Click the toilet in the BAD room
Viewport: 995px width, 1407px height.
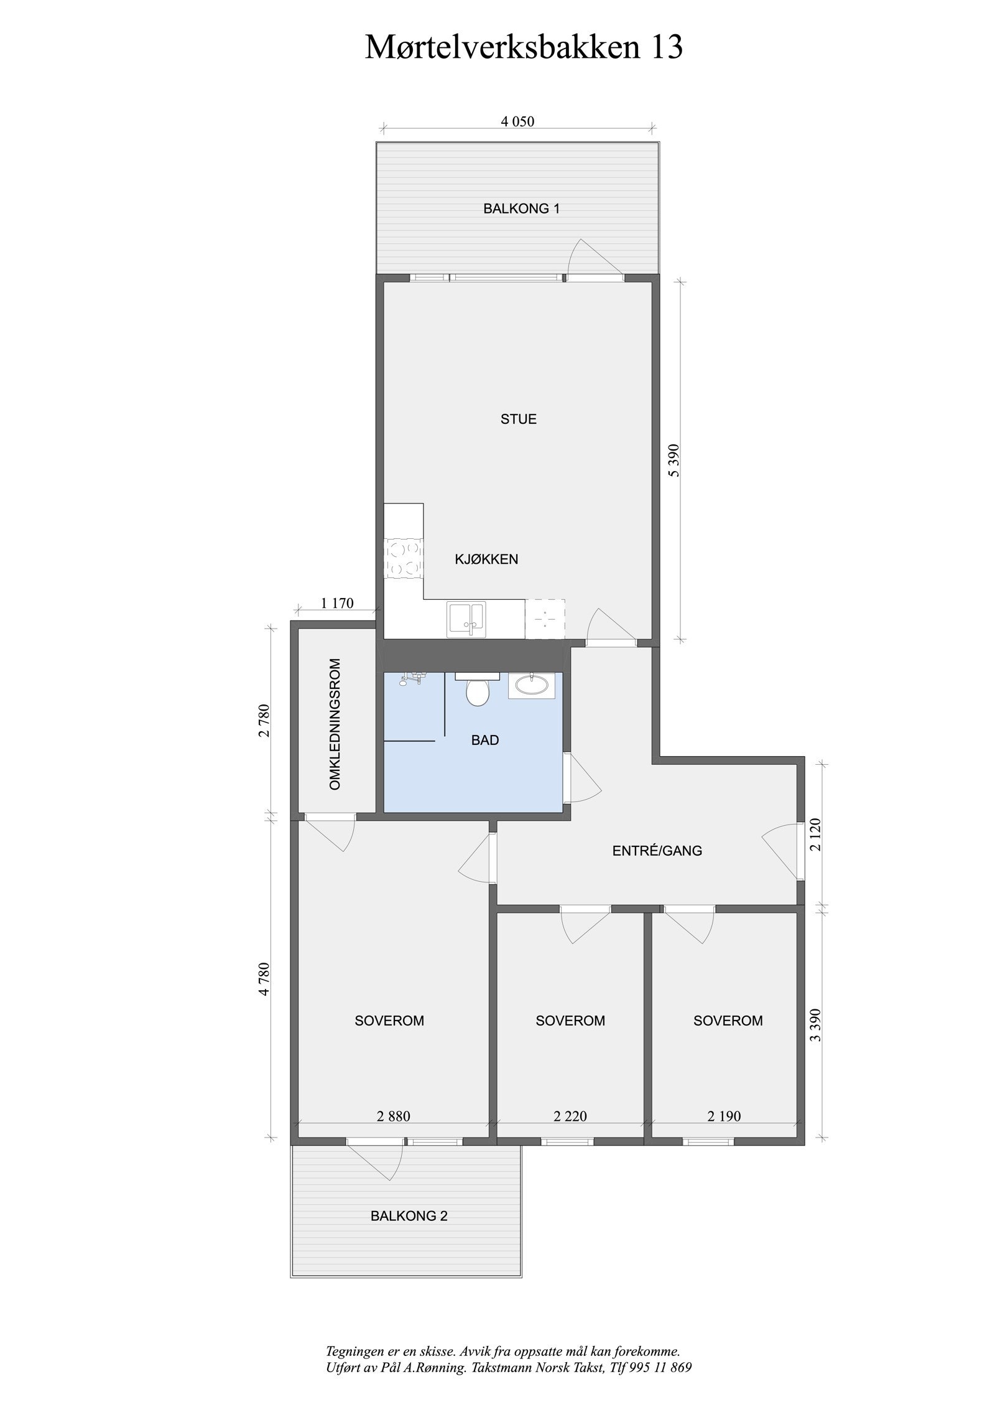pyautogui.click(x=477, y=691)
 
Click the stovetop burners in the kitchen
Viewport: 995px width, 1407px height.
pyautogui.click(x=402, y=558)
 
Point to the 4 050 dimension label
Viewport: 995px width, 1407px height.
pyautogui.click(x=517, y=122)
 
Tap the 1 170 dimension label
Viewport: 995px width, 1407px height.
pyautogui.click(x=337, y=602)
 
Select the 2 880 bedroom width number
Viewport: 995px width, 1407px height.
pyautogui.click(x=393, y=1116)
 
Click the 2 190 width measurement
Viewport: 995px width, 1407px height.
pyautogui.click(x=724, y=1116)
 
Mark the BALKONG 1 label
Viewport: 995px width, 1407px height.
pyautogui.click(x=521, y=208)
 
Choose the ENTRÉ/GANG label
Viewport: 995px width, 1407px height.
pyautogui.click(x=657, y=850)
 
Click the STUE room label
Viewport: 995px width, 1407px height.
pyautogui.click(x=518, y=419)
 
